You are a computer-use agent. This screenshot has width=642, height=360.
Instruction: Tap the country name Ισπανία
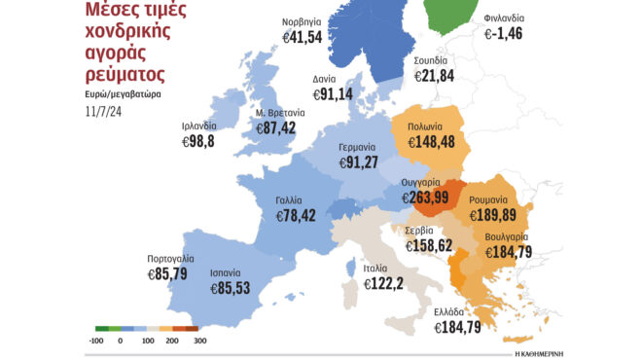[x=227, y=273]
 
